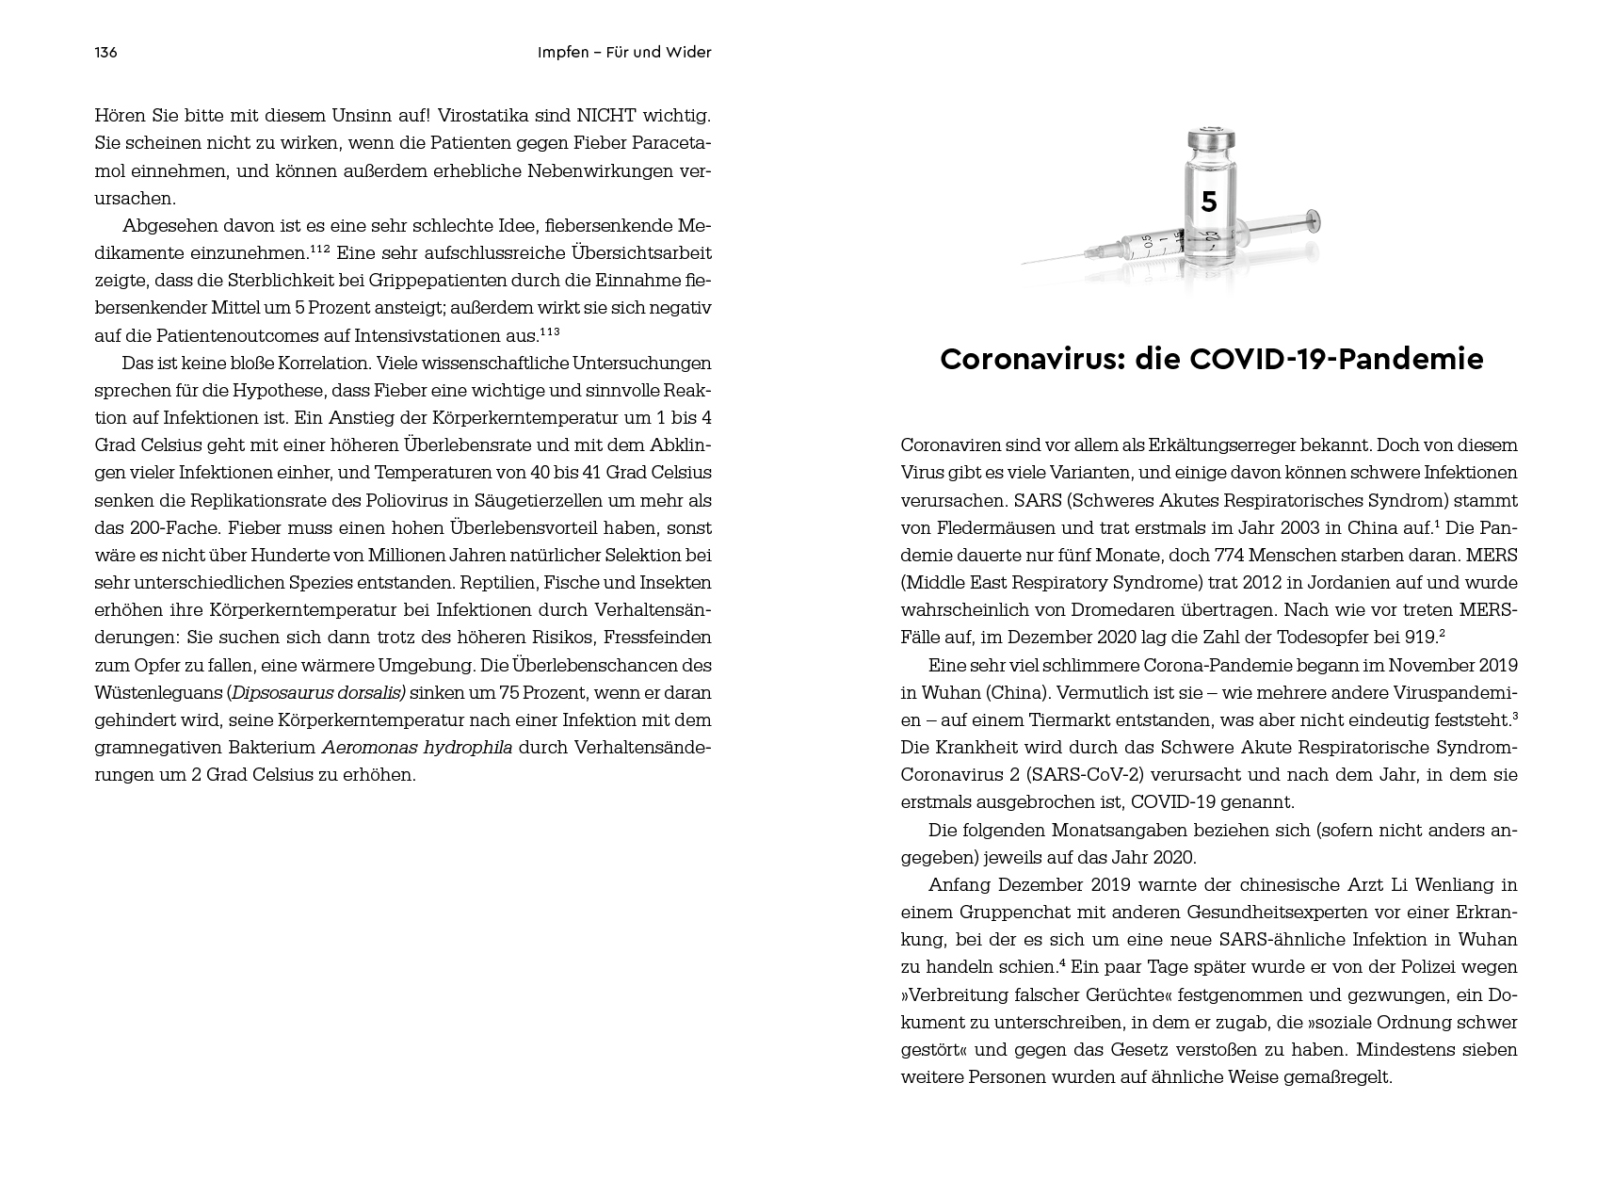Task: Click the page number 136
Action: (x=105, y=53)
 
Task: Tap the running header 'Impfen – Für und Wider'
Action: (x=624, y=53)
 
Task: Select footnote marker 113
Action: (x=549, y=332)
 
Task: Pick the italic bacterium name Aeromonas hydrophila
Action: (x=417, y=748)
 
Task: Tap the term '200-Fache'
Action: (x=160, y=528)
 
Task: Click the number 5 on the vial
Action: (x=1209, y=202)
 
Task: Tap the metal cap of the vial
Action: (x=1210, y=140)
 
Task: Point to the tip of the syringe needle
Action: (x=1025, y=261)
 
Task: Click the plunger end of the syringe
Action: (x=1315, y=223)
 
